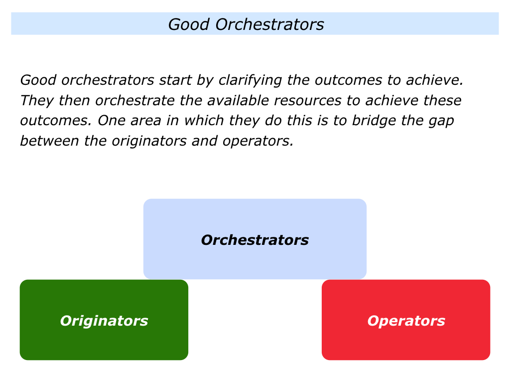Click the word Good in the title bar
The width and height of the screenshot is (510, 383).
click(x=189, y=24)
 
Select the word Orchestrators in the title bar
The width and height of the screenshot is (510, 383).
click(x=269, y=24)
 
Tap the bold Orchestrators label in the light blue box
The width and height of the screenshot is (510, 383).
click(x=255, y=240)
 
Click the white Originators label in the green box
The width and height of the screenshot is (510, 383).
click(x=104, y=321)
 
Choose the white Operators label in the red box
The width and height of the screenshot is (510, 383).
click(x=406, y=321)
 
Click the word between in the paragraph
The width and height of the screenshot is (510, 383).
click(x=49, y=141)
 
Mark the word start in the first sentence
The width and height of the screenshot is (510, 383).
click(x=175, y=80)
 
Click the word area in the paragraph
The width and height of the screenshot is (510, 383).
click(x=146, y=121)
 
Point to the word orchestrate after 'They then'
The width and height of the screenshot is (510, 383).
click(x=135, y=101)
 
